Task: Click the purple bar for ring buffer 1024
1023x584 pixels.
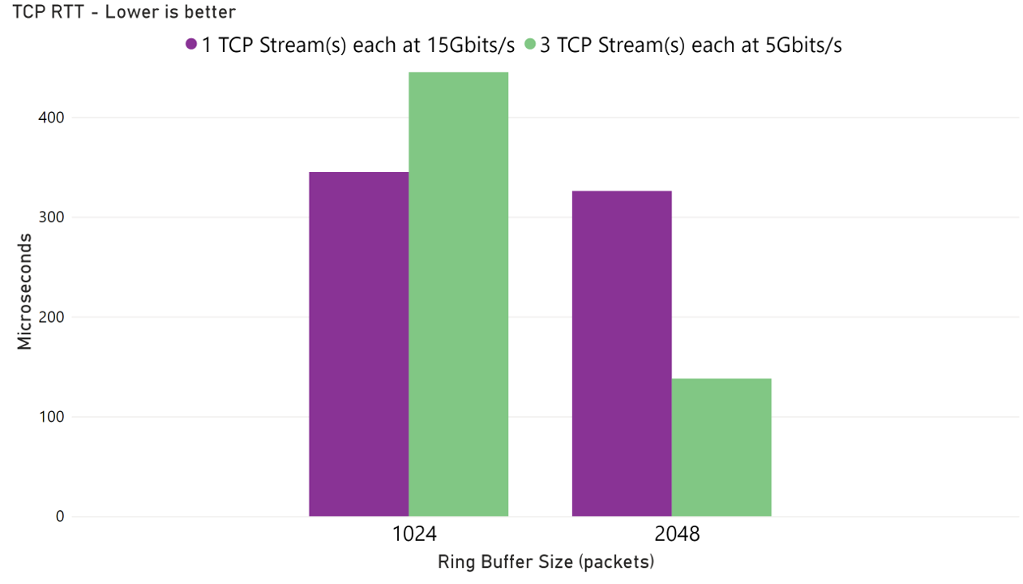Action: tap(358, 344)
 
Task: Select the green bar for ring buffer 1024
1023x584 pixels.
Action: tap(458, 294)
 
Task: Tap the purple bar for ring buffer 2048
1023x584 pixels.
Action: tap(622, 354)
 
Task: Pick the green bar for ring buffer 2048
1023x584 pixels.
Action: tap(721, 447)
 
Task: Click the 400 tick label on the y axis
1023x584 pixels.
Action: tap(51, 118)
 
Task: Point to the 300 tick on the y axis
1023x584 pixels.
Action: tap(51, 217)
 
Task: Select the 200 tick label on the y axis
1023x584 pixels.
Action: tap(51, 317)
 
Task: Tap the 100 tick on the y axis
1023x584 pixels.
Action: tap(51, 417)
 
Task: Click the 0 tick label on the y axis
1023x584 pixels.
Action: tap(58, 517)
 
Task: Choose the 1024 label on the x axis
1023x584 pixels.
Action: tap(414, 535)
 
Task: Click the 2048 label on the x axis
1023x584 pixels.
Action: tap(677, 535)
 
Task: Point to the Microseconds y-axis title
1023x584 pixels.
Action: tap(25, 291)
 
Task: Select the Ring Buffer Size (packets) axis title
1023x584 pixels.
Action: tap(546, 561)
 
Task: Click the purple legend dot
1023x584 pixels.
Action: tap(191, 45)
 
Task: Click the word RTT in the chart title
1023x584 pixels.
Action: tap(58, 12)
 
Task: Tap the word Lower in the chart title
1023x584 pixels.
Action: tap(121, 12)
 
